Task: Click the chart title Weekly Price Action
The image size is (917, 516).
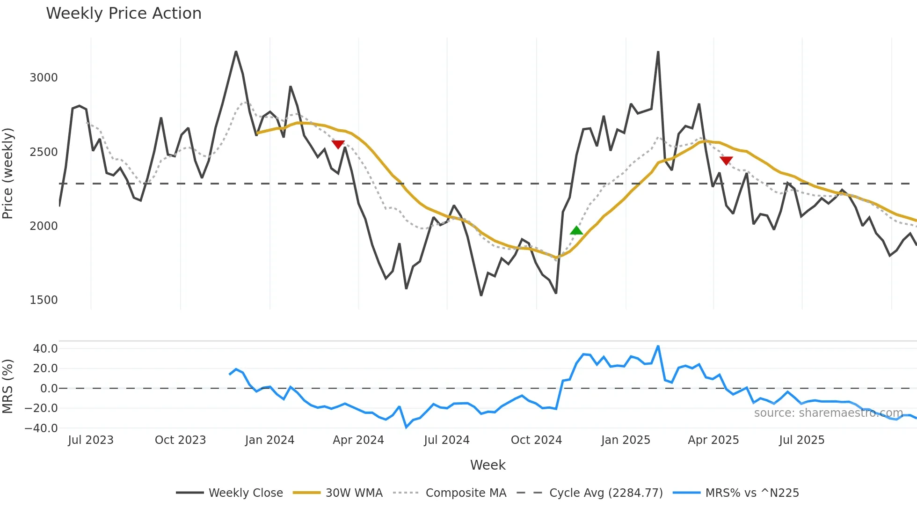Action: point(124,14)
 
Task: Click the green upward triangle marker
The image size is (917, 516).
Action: point(576,230)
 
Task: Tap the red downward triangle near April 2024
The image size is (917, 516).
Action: point(338,144)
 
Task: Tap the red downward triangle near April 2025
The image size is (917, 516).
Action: point(726,161)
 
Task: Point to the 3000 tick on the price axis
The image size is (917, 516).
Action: point(44,78)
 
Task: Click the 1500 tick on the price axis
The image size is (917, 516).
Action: point(44,300)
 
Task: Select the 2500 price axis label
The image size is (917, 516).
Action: point(44,152)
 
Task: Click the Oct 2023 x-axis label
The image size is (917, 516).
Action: point(180,440)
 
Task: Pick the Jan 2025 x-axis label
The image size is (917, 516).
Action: point(626,440)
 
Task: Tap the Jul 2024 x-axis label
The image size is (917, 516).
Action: point(446,440)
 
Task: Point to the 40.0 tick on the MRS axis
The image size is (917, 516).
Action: point(45,349)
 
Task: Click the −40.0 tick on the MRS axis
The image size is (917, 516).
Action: point(41,428)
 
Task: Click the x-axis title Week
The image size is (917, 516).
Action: point(488,465)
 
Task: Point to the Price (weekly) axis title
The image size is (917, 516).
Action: point(8,173)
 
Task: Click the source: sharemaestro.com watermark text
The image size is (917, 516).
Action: point(828,413)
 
